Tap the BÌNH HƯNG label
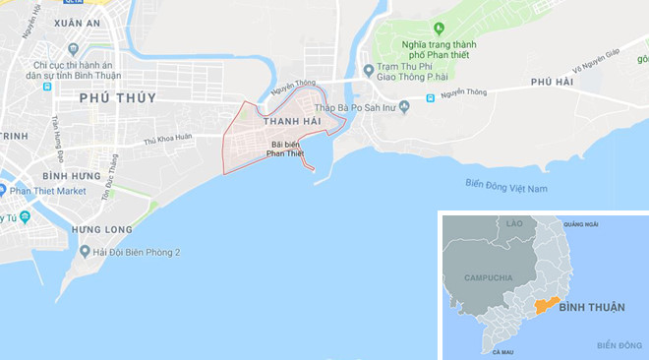(72, 175)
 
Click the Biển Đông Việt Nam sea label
(506, 187)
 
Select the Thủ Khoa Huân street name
(168, 141)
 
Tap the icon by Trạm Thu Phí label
(368, 70)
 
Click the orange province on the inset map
(547, 304)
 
